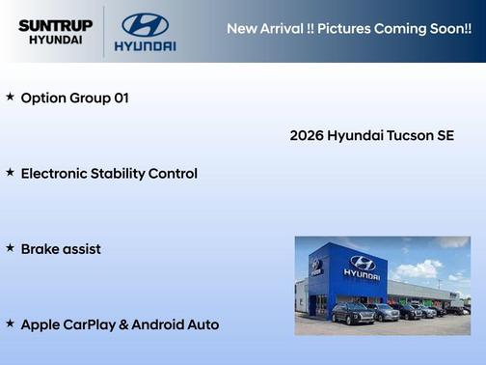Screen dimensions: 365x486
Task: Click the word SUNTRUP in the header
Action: click(x=55, y=25)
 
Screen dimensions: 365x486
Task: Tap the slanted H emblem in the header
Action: click(x=145, y=24)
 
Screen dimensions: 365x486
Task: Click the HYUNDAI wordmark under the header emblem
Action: click(x=145, y=45)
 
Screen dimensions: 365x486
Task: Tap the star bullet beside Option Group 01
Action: click(x=10, y=98)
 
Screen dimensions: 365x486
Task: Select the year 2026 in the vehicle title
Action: click(x=307, y=135)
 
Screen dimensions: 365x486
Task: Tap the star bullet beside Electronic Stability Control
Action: click(x=10, y=173)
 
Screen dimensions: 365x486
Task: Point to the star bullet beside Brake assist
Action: click(x=10, y=248)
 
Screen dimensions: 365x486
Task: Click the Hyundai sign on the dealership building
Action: click(x=362, y=266)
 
